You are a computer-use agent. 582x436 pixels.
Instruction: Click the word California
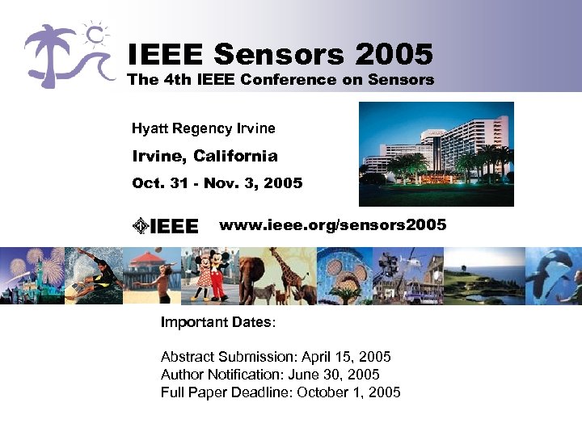click(235, 156)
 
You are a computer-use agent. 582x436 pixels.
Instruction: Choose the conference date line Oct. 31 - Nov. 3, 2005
click(217, 183)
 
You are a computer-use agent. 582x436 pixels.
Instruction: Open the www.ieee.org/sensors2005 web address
click(332, 224)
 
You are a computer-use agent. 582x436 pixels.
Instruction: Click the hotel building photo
click(436, 154)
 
